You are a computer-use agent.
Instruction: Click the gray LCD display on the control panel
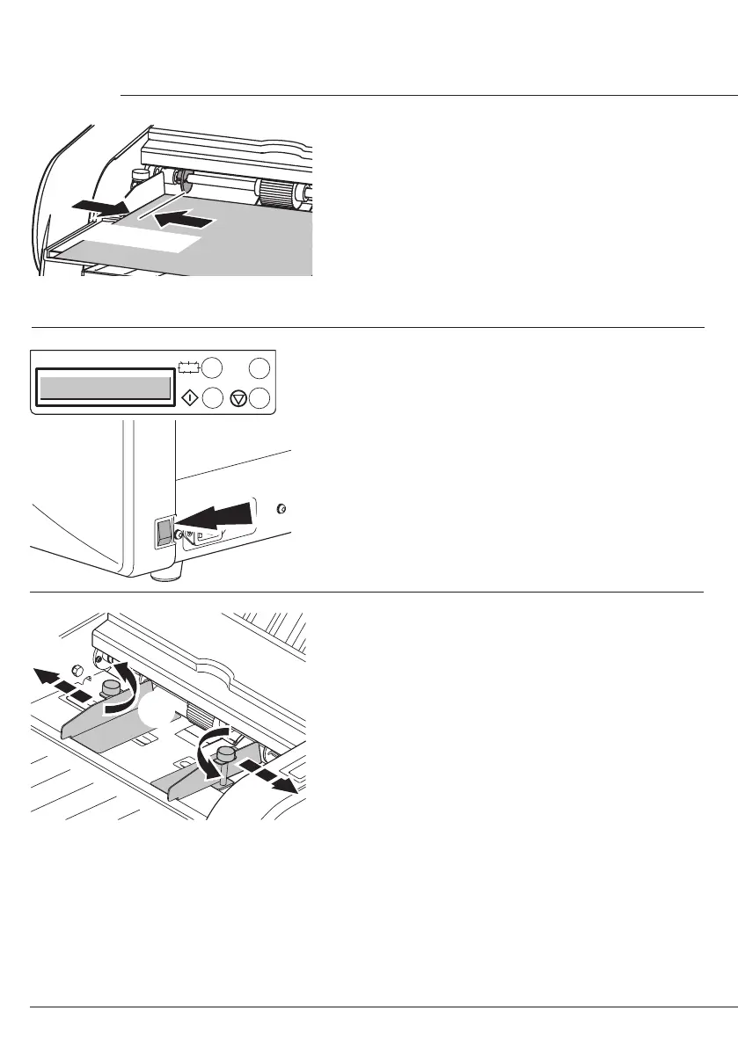102,388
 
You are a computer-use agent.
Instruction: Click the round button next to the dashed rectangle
213,367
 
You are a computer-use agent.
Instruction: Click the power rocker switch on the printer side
164,533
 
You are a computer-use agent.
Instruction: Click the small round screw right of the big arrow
281,508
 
